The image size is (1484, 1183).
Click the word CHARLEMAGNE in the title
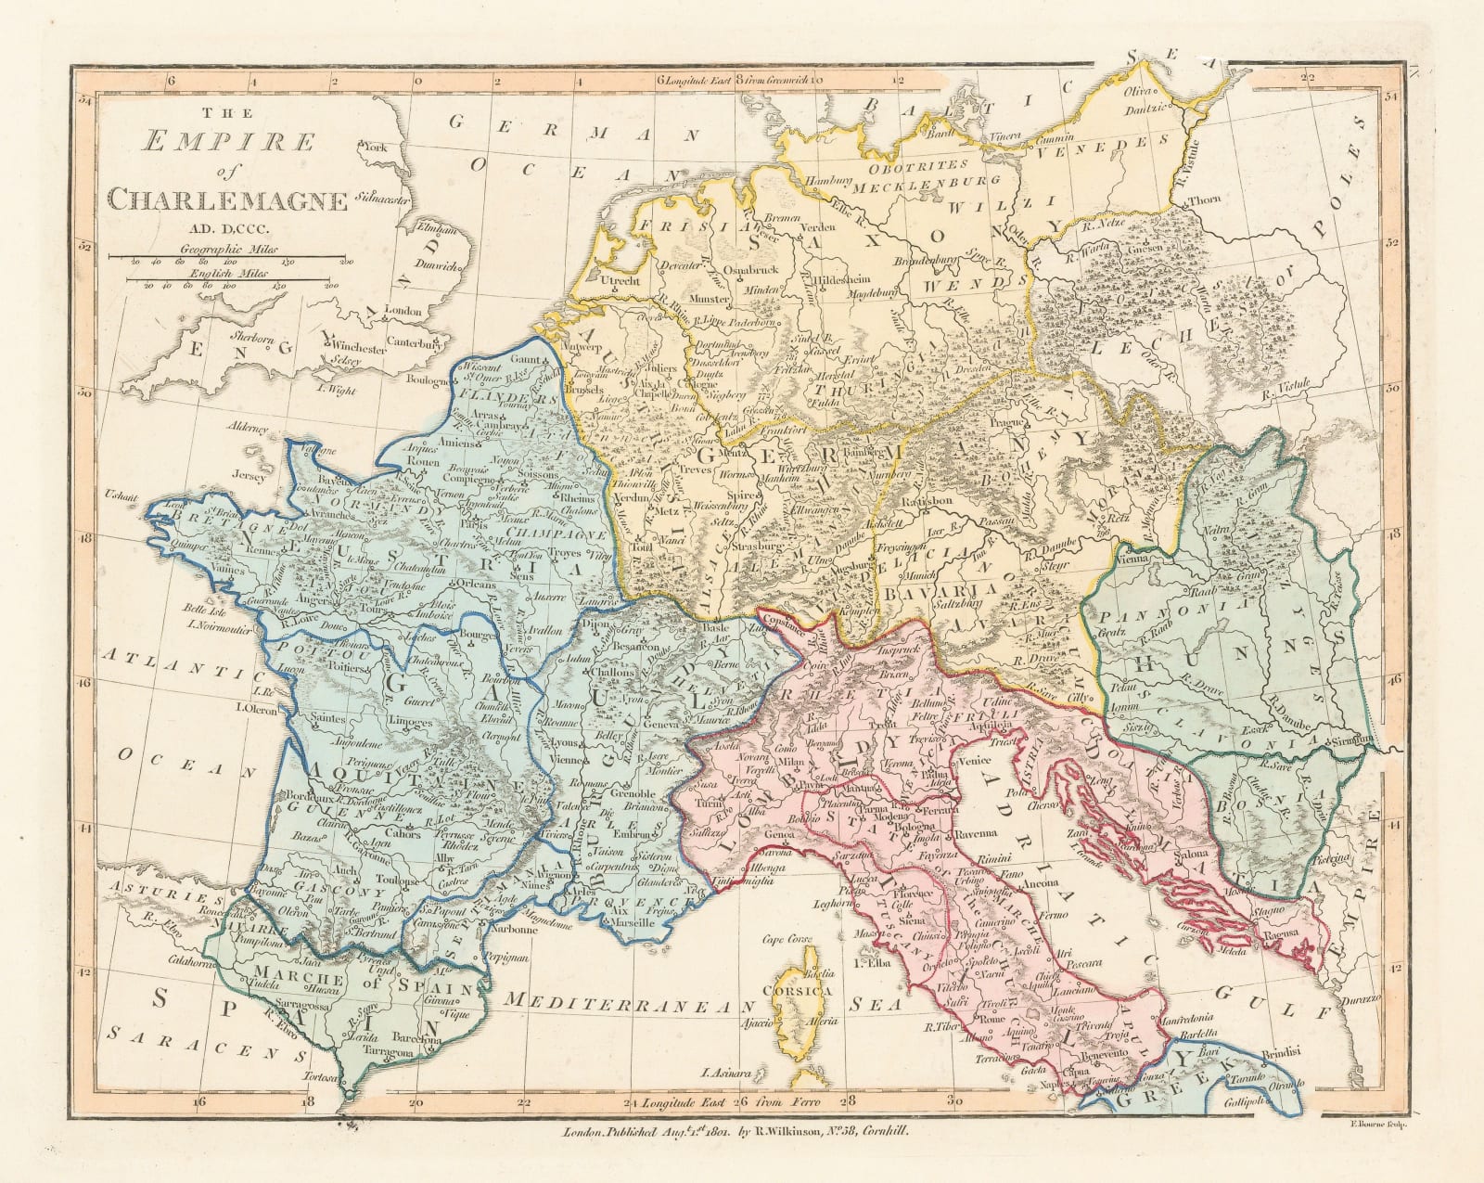coord(228,199)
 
